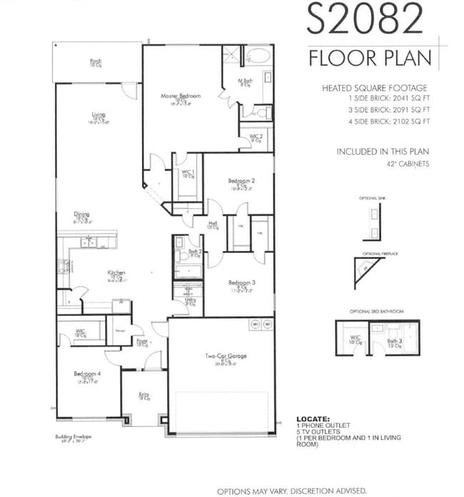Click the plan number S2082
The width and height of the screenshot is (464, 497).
pos(365,19)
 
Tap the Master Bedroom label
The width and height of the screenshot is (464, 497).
pos(180,96)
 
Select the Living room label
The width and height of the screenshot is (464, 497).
pos(99,114)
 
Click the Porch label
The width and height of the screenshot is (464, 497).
pos(96,61)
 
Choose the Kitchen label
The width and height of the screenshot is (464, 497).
pos(116,273)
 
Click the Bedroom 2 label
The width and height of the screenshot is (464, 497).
pos(241,181)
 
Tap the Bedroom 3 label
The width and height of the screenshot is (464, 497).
pos(241,283)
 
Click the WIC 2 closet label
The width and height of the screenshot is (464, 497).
pos(256,136)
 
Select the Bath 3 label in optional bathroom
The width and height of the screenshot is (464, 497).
pos(393,342)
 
